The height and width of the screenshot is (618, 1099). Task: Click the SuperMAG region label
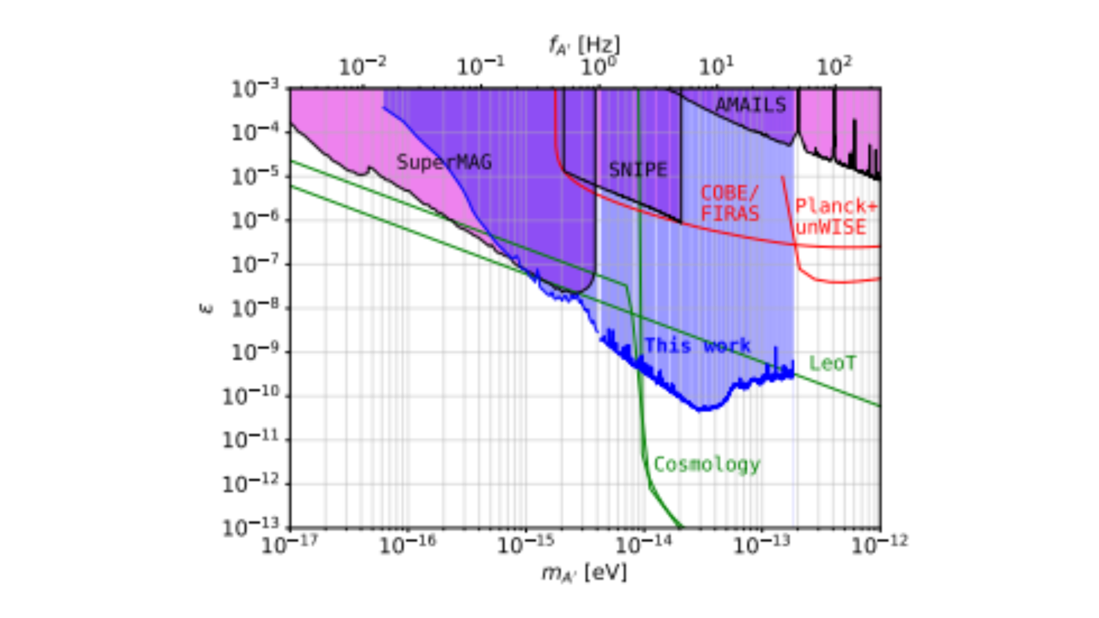pos(444,162)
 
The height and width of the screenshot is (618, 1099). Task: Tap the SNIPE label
pos(638,170)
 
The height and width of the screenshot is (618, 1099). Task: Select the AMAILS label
pos(750,105)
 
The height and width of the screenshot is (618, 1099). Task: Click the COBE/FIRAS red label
pos(730,203)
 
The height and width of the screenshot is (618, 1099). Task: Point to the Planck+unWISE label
pos(835,217)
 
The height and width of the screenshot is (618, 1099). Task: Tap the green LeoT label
pos(832,364)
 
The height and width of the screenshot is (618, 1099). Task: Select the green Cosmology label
pos(707,464)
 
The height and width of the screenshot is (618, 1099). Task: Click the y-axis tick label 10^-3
pos(255,89)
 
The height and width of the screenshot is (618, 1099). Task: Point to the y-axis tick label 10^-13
pos(251,527)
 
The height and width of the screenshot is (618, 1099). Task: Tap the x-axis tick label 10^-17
pos(289,545)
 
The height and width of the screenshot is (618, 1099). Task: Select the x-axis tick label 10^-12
pos(879,545)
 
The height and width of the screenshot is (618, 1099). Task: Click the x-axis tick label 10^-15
pos(525,545)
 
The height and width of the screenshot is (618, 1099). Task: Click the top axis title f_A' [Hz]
pos(584,45)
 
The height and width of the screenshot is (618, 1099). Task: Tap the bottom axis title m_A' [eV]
pos(584,573)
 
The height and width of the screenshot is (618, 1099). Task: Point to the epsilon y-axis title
pos(206,308)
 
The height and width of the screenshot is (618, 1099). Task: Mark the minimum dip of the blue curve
pos(700,409)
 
